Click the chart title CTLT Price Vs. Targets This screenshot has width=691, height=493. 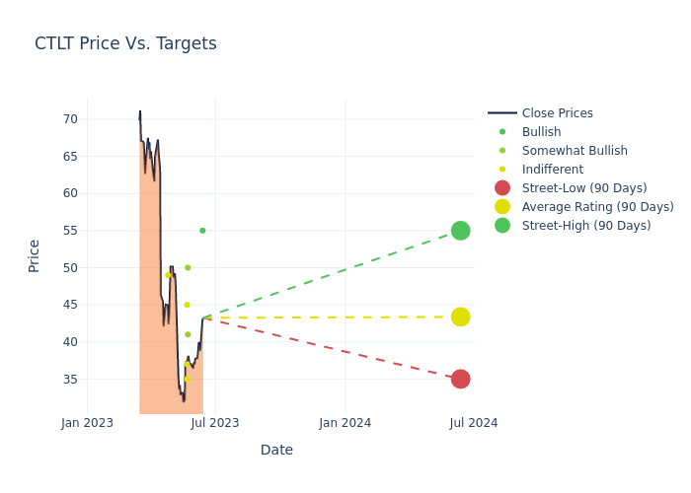pos(125,44)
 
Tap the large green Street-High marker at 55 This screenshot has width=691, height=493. pos(460,231)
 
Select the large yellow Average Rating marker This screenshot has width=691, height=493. pos(460,317)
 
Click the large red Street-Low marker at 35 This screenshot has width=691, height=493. pos(460,379)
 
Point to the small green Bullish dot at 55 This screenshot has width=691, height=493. pos(202,231)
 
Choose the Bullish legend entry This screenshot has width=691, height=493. pos(541,132)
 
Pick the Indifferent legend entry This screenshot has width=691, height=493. pos(552,170)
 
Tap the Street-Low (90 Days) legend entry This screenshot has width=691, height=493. pos(583,188)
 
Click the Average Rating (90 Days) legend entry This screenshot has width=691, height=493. pos(597,207)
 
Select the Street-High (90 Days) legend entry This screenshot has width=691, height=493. pos(586,226)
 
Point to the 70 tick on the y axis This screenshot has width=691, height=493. pos(70,119)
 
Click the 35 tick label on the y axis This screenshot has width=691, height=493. pos(70,380)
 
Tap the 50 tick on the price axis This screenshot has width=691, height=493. pos(70,268)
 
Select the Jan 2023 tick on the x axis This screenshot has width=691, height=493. pos(87,423)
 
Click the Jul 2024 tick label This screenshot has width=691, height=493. pos(474,423)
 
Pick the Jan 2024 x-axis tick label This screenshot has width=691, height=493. pos(345,423)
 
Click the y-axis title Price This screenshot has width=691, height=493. pos(35,255)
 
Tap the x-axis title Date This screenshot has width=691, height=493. pos(276,451)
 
